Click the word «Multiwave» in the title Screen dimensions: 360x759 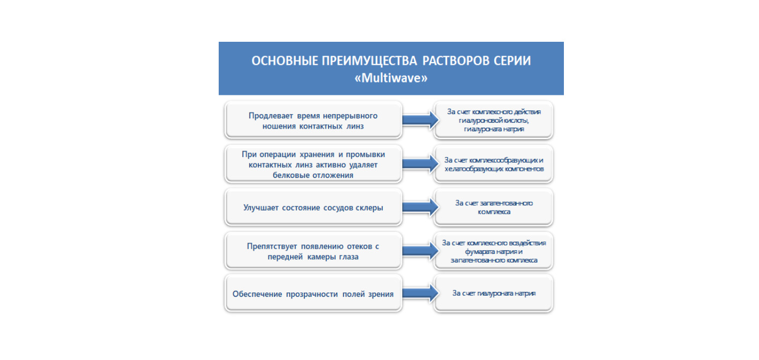[x=391, y=78]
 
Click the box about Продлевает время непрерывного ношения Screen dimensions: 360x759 [x=314, y=120]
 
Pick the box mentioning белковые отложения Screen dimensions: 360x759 [x=314, y=164]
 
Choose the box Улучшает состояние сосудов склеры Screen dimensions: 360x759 [x=314, y=207]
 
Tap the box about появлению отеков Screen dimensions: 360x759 [x=314, y=251]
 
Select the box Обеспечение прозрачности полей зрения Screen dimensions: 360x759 [x=314, y=294]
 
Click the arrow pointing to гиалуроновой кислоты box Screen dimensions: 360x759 [x=418, y=120]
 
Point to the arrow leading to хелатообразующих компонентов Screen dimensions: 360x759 [x=418, y=164]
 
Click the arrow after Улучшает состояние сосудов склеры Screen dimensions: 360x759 [x=418, y=207]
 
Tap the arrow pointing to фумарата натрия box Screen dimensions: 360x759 [x=418, y=251]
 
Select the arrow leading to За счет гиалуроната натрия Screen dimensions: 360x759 [x=418, y=294]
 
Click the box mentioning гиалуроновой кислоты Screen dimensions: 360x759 [x=494, y=120]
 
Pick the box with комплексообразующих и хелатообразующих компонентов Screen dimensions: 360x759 [x=494, y=164]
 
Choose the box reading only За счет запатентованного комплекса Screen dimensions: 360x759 [x=494, y=207]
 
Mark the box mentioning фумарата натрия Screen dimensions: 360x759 [x=494, y=251]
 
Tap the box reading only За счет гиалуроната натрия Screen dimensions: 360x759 [x=494, y=294]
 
